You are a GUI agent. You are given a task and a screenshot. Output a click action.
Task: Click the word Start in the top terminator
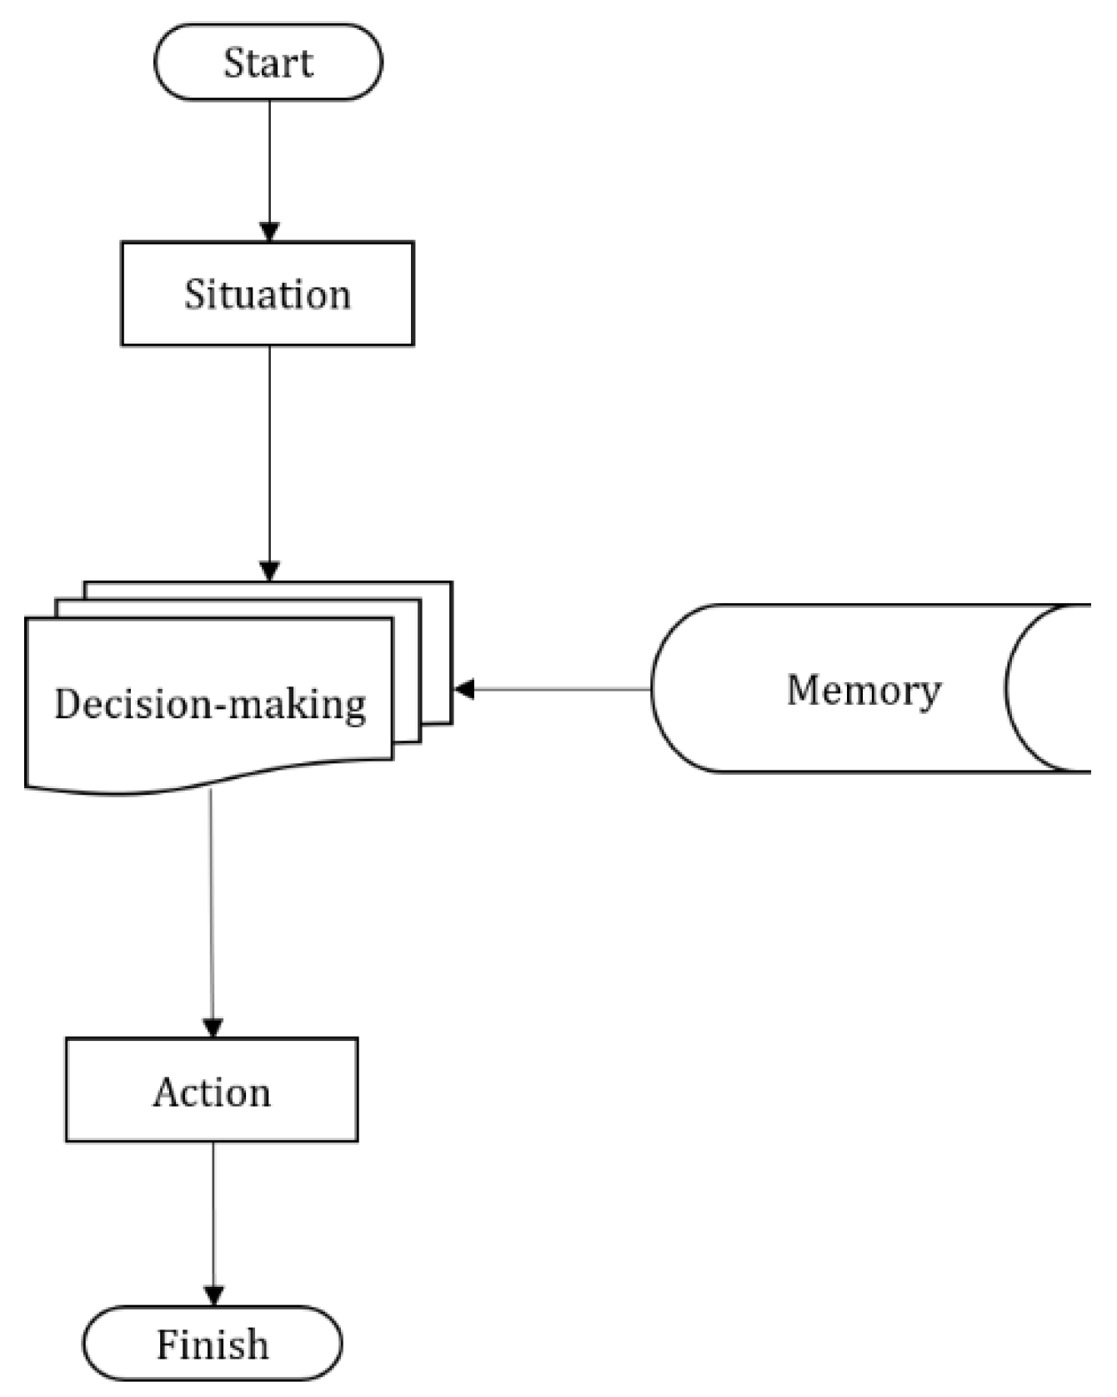pyautogui.click(x=268, y=63)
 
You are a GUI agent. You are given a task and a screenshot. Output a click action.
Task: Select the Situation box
pyautogui.click(x=268, y=294)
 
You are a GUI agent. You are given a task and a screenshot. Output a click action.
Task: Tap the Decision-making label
pyautogui.click(x=210, y=704)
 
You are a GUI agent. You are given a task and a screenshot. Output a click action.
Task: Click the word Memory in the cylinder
pyautogui.click(x=864, y=690)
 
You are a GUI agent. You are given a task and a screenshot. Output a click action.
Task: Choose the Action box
pyautogui.click(x=212, y=1090)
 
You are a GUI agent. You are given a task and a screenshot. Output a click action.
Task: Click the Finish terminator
pyautogui.click(x=212, y=1344)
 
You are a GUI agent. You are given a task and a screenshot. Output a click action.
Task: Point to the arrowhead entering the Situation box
pyautogui.click(x=269, y=231)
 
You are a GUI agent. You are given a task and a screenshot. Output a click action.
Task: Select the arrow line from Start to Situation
pyautogui.click(x=269, y=158)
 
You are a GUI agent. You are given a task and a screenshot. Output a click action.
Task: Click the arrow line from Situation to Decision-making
pyautogui.click(x=269, y=450)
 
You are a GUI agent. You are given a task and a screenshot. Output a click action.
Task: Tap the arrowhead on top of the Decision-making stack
pyautogui.click(x=269, y=571)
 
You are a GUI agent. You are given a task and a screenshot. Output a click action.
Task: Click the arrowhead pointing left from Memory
pyautogui.click(x=463, y=689)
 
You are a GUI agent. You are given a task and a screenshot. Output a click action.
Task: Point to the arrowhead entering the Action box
pyautogui.click(x=213, y=1028)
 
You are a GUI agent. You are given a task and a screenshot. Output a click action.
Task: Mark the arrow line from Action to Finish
pyautogui.click(x=213, y=1209)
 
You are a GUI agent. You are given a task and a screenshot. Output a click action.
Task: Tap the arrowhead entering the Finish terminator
pyautogui.click(x=214, y=1295)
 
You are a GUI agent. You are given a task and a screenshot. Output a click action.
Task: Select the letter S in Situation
pyautogui.click(x=194, y=294)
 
